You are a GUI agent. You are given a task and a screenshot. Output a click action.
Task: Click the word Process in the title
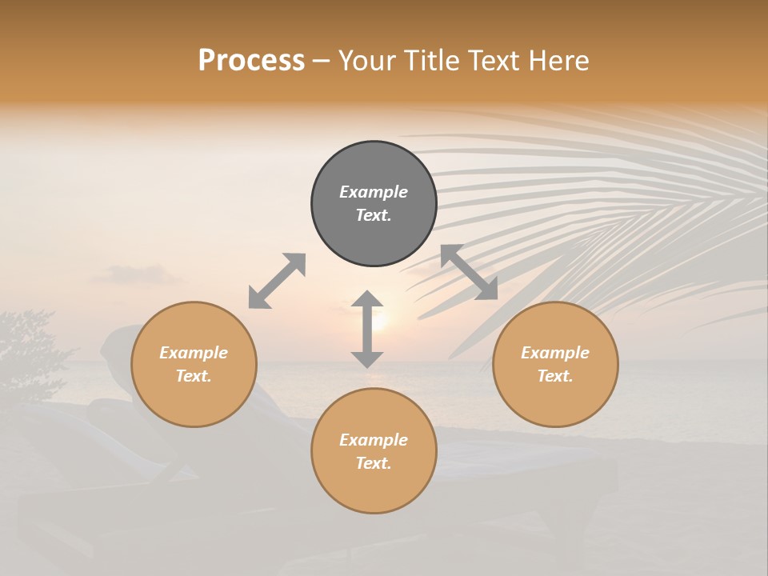[x=251, y=61]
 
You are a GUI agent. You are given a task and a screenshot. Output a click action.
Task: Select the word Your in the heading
[x=367, y=61]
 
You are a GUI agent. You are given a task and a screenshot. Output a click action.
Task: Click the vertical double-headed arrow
[x=367, y=329]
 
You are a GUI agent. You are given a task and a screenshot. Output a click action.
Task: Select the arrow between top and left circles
[x=277, y=281]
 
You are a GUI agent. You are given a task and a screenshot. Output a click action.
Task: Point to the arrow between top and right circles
[x=469, y=272]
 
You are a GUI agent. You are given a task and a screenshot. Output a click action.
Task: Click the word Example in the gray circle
[x=374, y=192]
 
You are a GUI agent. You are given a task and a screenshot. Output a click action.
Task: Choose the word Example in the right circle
[x=555, y=353]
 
